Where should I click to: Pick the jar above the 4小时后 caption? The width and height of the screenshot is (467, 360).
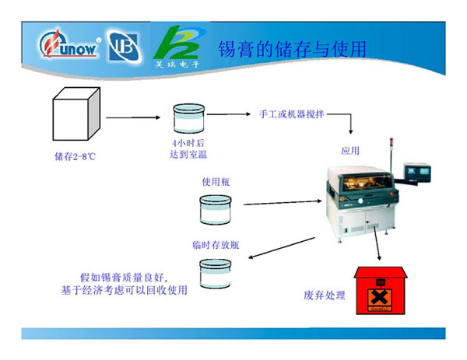click(x=188, y=118)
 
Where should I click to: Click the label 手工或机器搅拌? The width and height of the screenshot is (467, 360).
click(x=291, y=114)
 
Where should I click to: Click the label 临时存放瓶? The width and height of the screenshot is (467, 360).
click(x=216, y=244)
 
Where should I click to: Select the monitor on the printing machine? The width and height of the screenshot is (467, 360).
click(x=419, y=172)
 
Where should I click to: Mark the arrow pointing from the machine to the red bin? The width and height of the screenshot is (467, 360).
click(x=375, y=244)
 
